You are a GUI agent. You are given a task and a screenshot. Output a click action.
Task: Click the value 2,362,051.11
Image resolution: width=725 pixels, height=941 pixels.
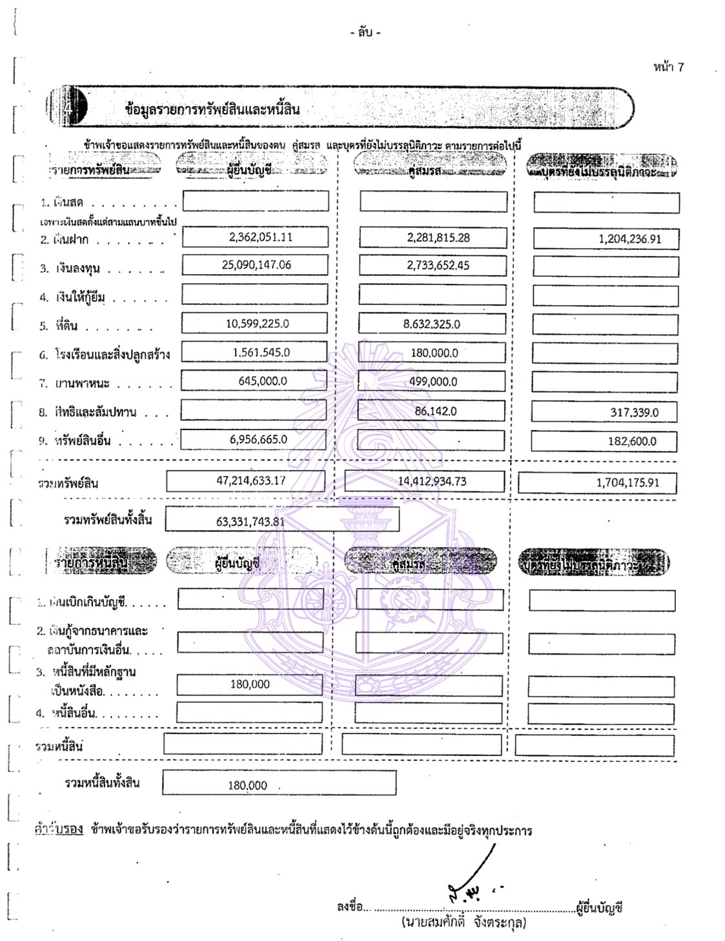point(260,237)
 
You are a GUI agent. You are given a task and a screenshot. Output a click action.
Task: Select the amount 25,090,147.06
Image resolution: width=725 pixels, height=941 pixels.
point(256,264)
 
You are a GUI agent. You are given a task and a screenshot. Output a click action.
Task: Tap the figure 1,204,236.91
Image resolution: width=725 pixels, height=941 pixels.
point(629,239)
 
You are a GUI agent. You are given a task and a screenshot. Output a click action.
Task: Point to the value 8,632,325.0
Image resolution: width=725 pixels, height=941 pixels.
point(431,324)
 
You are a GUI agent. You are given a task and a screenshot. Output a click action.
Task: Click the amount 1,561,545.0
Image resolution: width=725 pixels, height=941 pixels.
point(261,352)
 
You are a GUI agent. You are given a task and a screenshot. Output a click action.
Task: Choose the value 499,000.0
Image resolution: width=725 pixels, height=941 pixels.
point(433,381)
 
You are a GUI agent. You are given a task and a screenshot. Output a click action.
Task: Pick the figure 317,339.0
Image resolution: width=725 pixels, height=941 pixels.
point(634,412)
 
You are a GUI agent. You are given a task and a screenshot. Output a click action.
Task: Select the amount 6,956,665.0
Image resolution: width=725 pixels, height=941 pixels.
point(258,439)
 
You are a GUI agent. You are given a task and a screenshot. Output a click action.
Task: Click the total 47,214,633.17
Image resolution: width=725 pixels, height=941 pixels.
point(250,480)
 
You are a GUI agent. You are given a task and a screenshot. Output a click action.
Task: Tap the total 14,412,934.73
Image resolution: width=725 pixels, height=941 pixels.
point(432,481)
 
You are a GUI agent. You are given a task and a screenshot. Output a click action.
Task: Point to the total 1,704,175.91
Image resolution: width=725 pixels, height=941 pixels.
point(628,482)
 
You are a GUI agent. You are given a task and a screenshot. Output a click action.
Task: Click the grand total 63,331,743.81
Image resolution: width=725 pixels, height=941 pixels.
point(250,521)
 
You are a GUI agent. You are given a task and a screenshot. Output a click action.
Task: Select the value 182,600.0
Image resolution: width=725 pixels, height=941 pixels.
point(632,441)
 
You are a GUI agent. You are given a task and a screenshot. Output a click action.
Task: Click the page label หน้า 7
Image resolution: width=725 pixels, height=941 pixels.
point(668,67)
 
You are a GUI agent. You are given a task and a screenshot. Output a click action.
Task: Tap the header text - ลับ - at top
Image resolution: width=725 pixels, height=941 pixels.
point(365,32)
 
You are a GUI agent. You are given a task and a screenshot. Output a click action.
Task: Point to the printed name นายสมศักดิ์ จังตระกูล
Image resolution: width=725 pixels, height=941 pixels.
point(463,922)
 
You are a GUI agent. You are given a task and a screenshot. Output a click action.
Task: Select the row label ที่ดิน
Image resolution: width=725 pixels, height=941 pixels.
point(66,326)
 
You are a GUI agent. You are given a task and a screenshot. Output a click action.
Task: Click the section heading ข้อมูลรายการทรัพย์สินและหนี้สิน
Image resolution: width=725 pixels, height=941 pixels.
point(212,109)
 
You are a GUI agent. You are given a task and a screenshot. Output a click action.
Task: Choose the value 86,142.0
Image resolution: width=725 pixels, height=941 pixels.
point(435,410)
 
